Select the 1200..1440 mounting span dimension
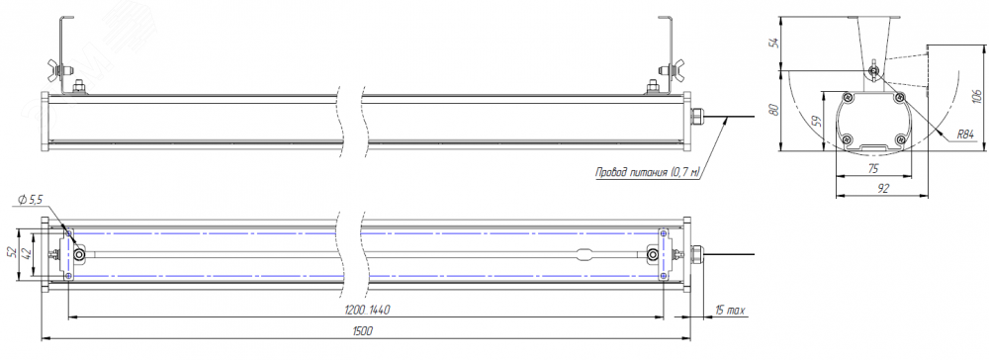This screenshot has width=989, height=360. click(368, 310)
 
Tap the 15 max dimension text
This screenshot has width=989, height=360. click(730, 311)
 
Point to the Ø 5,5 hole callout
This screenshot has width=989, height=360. click(31, 200)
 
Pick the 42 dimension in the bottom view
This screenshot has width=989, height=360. click(26, 254)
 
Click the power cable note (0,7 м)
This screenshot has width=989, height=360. click(649, 171)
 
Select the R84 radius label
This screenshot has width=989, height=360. click(965, 135)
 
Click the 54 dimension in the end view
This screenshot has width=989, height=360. click(775, 43)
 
